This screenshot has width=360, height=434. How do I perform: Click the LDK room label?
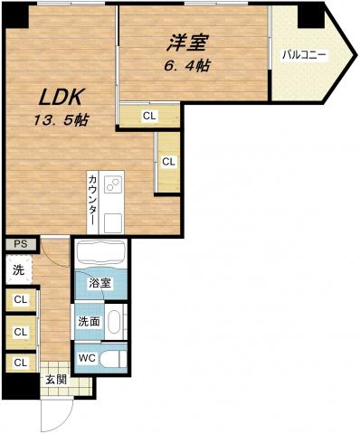pyautogui.click(x=62, y=97)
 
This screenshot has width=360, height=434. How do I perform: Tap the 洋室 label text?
pyautogui.click(x=187, y=42)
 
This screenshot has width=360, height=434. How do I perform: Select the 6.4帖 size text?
pyautogui.click(x=187, y=65)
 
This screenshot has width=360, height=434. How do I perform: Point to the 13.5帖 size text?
pyautogui.click(x=61, y=120)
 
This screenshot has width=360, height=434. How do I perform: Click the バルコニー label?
pyautogui.click(x=304, y=55)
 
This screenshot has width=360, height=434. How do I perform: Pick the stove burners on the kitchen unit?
pyautogui.click(x=113, y=184)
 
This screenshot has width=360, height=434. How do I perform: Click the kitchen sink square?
pyautogui.click(x=113, y=223)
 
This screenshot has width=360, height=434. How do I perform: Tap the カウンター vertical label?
pyautogui.click(x=93, y=200)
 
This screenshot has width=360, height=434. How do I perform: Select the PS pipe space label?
pyautogui.click(x=21, y=244)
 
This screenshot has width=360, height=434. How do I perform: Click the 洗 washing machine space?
pyautogui.click(x=19, y=269)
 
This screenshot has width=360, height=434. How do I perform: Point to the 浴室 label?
pyautogui.click(x=99, y=283)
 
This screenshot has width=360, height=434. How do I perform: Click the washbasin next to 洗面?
pyautogui.click(x=114, y=322)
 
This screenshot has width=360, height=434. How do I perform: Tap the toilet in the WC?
pyautogui.click(x=113, y=359)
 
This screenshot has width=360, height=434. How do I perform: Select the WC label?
pyautogui.click(x=87, y=358)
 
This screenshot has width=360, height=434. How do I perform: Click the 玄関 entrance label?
pyautogui.click(x=56, y=380)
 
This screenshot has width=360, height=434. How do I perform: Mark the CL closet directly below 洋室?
pyautogui.click(x=149, y=116)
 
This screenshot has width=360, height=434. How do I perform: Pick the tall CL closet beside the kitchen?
pyautogui.click(x=168, y=162)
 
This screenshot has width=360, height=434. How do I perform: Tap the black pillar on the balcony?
pyautogui.click(x=311, y=16)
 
